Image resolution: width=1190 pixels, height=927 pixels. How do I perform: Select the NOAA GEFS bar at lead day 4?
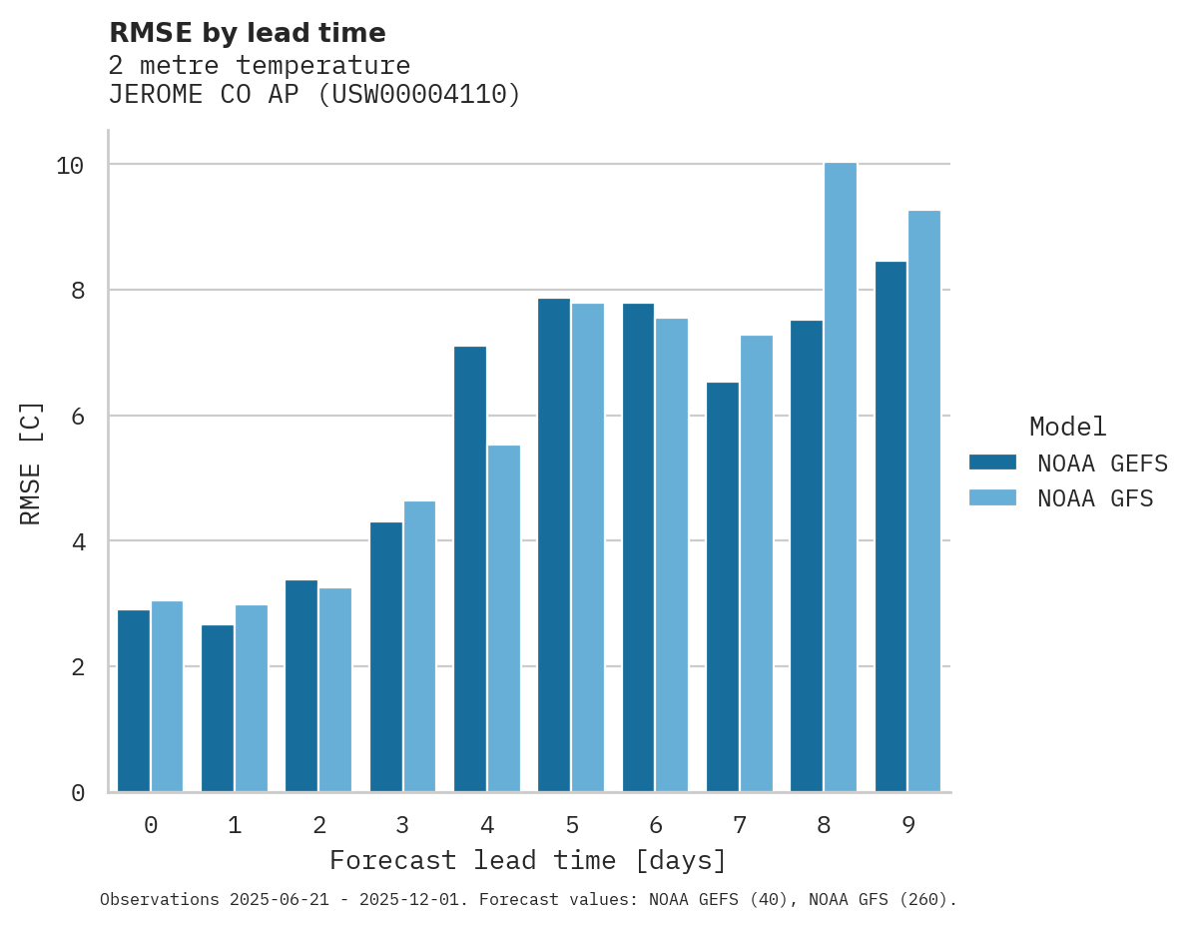coord(470,569)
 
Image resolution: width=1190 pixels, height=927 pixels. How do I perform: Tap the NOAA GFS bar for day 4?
coord(504,618)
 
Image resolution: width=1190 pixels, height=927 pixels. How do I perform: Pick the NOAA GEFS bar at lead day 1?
coord(218,708)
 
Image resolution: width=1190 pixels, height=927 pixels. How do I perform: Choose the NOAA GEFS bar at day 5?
coord(554,545)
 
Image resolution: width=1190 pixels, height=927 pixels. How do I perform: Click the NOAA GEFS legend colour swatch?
coord(992,463)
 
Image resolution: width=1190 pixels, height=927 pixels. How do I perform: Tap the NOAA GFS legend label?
coord(1095,498)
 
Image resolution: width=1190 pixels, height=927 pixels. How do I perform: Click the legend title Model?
coord(1067,427)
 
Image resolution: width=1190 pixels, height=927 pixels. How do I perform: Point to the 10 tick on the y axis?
coord(70,165)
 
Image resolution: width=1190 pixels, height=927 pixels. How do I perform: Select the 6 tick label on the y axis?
coord(77,416)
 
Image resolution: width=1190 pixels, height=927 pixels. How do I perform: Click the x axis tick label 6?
coord(656,825)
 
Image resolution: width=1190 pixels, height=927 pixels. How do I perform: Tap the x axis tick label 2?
coord(319,825)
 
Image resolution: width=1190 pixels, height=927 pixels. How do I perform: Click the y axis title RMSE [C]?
coord(31,463)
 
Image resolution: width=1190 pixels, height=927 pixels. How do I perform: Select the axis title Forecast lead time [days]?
coord(528,860)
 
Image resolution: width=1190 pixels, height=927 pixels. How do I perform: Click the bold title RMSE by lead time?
coord(247,33)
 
